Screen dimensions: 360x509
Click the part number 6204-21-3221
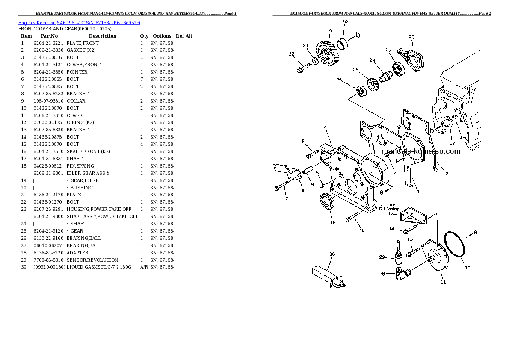48,43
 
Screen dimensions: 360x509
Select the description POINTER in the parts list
77,72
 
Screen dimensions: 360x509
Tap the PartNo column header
49,36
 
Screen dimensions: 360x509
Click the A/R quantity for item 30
144,267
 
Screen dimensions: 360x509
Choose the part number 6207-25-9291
48,209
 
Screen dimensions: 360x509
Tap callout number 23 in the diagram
411,37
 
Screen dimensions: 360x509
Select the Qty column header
144,36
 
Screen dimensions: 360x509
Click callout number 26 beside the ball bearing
339,80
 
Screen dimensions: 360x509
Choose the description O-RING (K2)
80,122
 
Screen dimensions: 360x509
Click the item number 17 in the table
24,159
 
